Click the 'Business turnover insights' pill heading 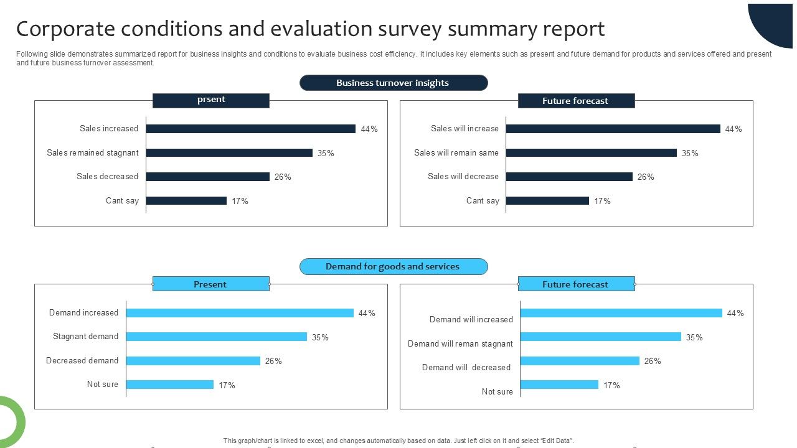(x=393, y=83)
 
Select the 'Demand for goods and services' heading (x=393, y=266)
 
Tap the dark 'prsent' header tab (x=211, y=100)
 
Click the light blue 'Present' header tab (x=210, y=284)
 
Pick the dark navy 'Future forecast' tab (x=576, y=101)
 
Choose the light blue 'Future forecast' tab (x=576, y=284)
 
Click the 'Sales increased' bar (x=250, y=129)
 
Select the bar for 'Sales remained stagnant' (x=229, y=152)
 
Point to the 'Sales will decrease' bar (x=569, y=177)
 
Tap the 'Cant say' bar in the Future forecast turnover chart (x=547, y=200)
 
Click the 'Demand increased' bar (x=240, y=313)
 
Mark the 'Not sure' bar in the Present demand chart (x=170, y=385)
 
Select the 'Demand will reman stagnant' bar (x=601, y=337)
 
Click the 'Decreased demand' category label (x=82, y=360)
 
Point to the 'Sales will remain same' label (x=456, y=152)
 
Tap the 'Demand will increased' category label (x=471, y=319)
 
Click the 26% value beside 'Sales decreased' (x=283, y=177)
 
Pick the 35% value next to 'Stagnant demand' (x=320, y=337)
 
